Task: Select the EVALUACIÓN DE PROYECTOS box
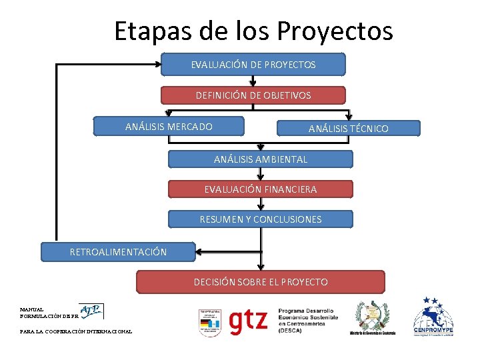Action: click(x=253, y=65)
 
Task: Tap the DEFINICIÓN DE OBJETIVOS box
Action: click(x=253, y=95)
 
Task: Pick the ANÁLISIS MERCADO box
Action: click(x=169, y=126)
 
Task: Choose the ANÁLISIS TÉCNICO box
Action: click(x=348, y=128)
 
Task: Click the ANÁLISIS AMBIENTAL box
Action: click(x=260, y=159)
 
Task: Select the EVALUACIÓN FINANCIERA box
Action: click(x=260, y=189)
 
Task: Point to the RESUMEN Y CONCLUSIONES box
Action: click(x=260, y=219)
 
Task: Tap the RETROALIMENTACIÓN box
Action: click(x=118, y=251)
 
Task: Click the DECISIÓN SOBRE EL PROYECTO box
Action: click(x=261, y=282)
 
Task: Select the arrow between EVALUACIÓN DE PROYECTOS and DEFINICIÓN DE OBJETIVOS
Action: click(x=253, y=81)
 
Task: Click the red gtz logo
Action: click(x=249, y=320)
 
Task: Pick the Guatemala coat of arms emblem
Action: click(x=372, y=317)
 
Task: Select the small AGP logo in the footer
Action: click(x=91, y=311)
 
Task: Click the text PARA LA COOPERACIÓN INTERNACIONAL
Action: click(x=76, y=331)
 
